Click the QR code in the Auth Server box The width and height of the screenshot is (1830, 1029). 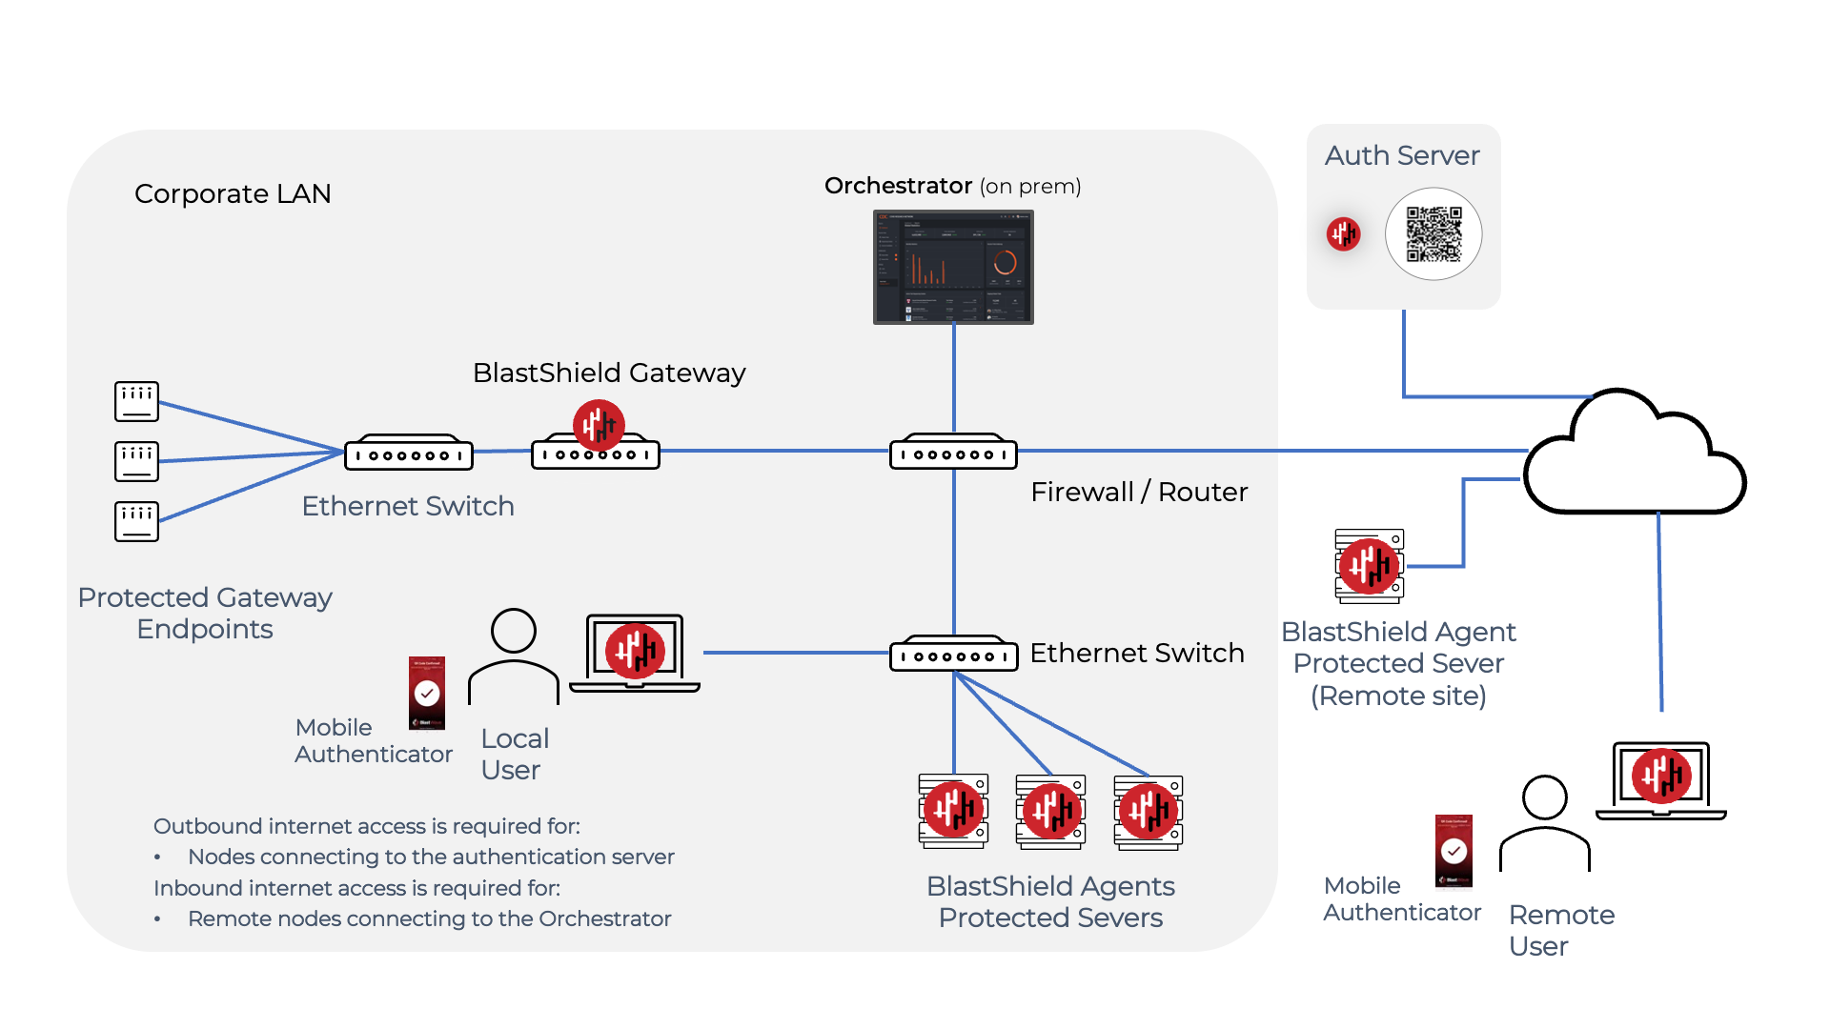coord(1433,234)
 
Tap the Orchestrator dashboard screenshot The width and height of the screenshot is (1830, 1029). coord(953,267)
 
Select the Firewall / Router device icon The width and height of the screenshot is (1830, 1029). coord(953,454)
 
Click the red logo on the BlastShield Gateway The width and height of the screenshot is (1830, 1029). coord(599,425)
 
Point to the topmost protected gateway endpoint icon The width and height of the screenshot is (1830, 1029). coord(136,401)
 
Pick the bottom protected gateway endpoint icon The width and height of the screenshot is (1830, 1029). coord(136,521)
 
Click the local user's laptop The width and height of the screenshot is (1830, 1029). coord(635,653)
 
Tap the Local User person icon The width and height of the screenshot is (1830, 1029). coord(514,657)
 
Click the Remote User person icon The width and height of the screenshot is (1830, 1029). coord(1545,824)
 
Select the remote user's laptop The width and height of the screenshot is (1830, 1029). coord(1661,779)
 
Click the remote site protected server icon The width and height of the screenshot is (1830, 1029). coord(1370,566)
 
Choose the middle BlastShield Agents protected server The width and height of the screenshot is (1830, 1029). coord(1051,811)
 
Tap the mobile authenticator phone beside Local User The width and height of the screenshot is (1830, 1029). coord(427,693)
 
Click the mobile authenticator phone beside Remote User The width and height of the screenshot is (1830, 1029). coord(1454,851)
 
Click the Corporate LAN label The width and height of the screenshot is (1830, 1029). coord(233,193)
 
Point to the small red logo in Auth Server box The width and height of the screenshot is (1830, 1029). coord(1343,233)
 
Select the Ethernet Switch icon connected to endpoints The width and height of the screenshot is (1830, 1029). coord(409,454)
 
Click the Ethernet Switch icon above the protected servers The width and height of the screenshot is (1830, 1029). coord(953,655)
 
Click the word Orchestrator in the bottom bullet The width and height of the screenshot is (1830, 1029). coord(604,918)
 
